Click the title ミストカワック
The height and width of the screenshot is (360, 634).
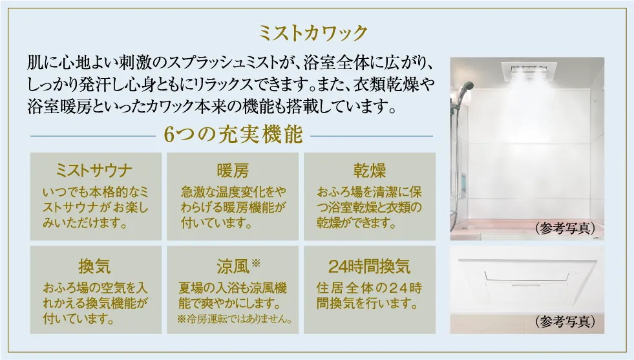click(x=313, y=33)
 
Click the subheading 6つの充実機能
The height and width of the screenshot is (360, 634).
click(x=233, y=134)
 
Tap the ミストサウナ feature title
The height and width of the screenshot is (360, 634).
click(x=94, y=170)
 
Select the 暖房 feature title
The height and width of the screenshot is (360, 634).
click(x=233, y=170)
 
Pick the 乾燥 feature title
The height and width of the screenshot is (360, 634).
click(x=370, y=170)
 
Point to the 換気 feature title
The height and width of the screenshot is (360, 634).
click(x=94, y=266)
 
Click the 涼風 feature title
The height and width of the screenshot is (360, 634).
click(x=233, y=266)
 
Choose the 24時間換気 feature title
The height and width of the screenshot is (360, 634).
click(x=369, y=266)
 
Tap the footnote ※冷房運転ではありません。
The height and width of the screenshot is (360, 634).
click(x=235, y=319)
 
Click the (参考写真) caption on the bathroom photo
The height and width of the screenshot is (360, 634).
click(x=565, y=228)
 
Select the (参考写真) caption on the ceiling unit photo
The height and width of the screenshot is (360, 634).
click(x=565, y=321)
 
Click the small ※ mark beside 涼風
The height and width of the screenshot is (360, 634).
click(x=256, y=263)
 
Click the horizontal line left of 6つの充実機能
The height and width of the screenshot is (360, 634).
click(x=93, y=136)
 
